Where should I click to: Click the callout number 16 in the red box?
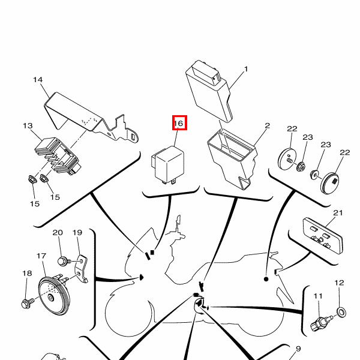[179, 124]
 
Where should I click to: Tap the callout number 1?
[246, 69]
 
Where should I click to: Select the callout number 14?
[38, 80]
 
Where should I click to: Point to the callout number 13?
[28, 126]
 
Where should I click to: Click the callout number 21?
[338, 213]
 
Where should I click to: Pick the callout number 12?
[340, 283]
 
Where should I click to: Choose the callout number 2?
[267, 126]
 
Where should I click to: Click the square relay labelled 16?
[168, 165]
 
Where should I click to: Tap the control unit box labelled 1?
[208, 92]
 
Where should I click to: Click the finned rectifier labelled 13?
[58, 156]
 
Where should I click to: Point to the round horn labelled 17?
[54, 295]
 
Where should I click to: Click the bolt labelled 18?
[28, 303]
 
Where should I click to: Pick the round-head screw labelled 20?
[64, 262]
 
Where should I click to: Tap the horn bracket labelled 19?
[82, 269]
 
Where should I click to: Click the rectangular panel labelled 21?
[323, 236]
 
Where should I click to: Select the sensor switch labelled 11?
[321, 323]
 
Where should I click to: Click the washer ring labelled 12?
[341, 313]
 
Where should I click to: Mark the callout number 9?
[298, 349]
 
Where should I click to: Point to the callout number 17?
[41, 256]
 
